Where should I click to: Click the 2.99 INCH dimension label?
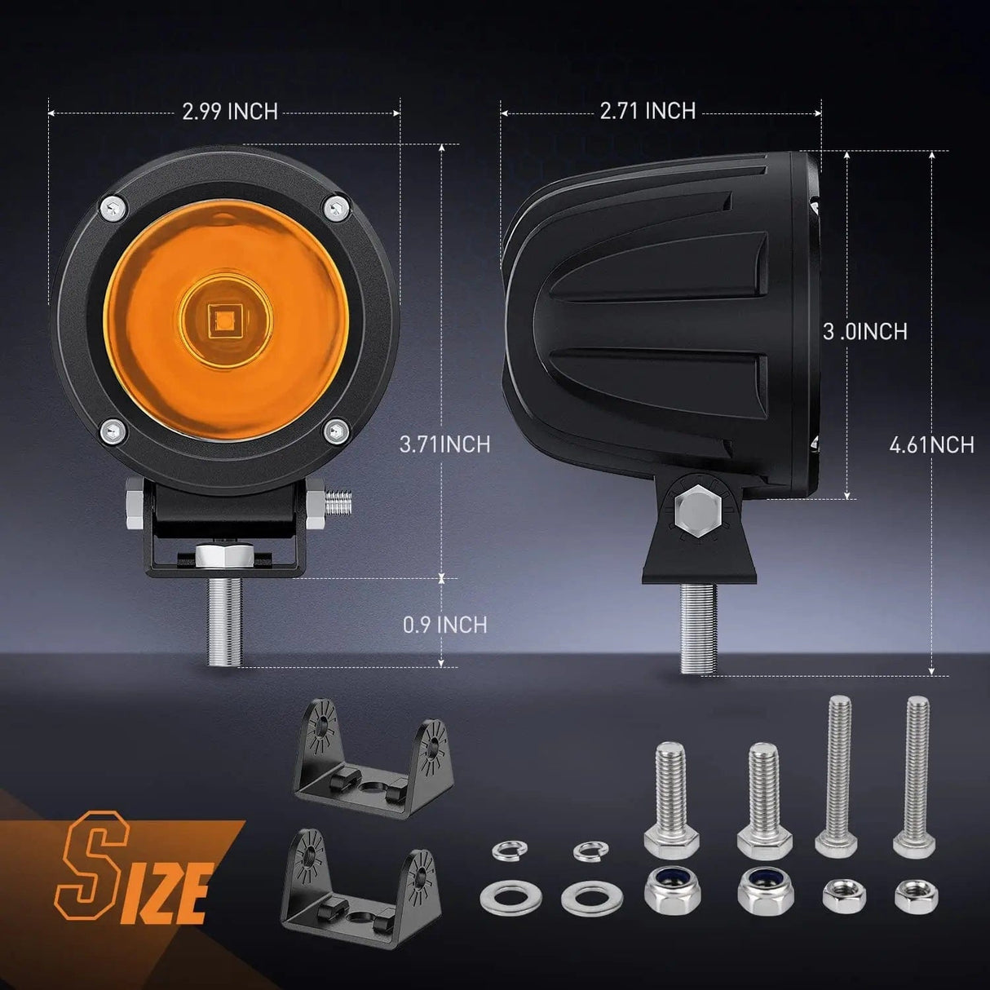(230, 112)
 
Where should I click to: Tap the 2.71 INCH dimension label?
(647, 110)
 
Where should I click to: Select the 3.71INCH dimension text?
(445, 444)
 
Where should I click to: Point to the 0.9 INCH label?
(445, 625)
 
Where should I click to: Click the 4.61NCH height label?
(931, 444)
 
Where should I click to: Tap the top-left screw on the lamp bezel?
(113, 208)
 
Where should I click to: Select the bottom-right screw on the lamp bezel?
(337, 430)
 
